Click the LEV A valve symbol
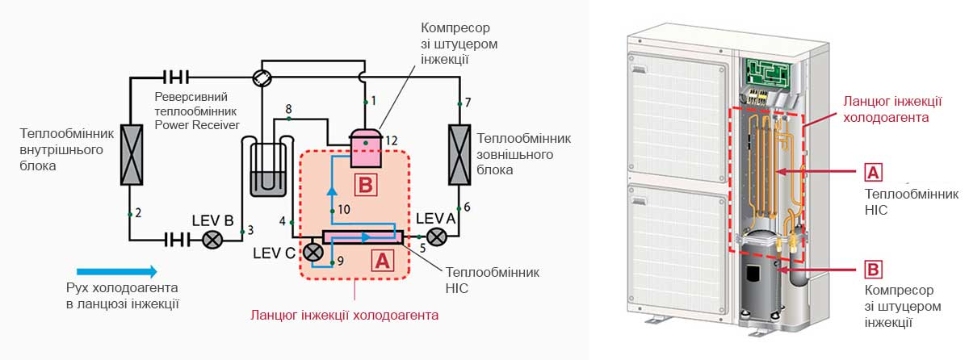click(438, 237)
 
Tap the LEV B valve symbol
click(213, 240)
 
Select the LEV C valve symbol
click(313, 253)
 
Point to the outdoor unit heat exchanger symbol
click(459, 150)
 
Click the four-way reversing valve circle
click(262, 77)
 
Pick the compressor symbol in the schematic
click(365, 145)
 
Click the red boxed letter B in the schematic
click(365, 185)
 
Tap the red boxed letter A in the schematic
click(381, 260)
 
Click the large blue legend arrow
click(117, 271)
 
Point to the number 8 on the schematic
click(287, 109)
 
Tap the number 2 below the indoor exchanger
click(138, 213)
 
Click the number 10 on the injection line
click(343, 209)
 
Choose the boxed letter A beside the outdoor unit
click(873, 172)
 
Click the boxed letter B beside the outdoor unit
click(873, 270)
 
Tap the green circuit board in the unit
click(771, 72)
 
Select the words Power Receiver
click(197, 124)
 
